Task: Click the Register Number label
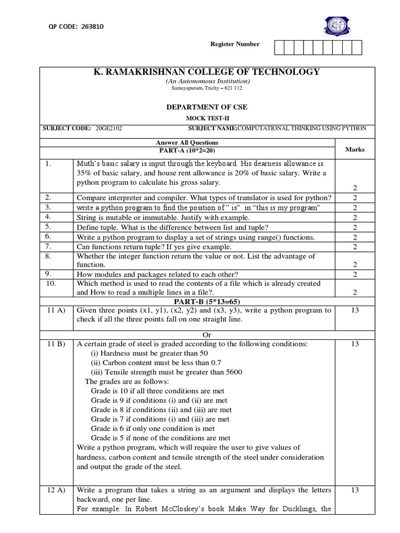click(x=234, y=44)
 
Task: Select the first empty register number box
click(x=279, y=48)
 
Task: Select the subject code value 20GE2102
click(x=108, y=128)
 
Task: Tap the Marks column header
click(x=355, y=149)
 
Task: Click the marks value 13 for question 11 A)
click(x=355, y=311)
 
